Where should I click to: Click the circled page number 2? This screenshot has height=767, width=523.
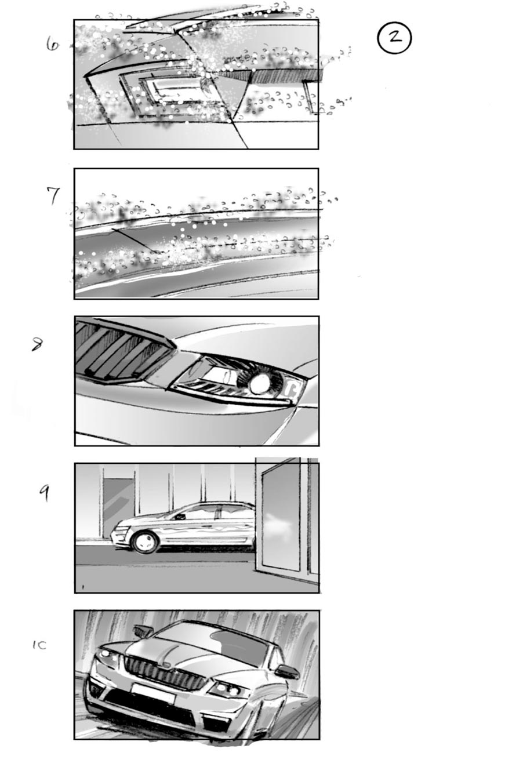tap(394, 38)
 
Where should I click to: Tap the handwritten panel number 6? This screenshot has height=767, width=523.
tap(53, 44)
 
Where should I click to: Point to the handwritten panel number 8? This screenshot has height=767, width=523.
tap(37, 344)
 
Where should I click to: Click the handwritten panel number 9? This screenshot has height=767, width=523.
tap(44, 493)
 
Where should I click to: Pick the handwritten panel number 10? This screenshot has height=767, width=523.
tap(39, 645)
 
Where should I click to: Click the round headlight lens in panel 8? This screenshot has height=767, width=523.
tap(260, 381)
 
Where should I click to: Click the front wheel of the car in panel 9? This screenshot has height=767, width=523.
tap(144, 541)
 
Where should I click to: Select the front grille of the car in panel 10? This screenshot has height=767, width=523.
tap(165, 672)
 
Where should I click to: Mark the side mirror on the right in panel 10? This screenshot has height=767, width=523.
tap(287, 671)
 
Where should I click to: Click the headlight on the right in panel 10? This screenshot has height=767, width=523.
tap(228, 689)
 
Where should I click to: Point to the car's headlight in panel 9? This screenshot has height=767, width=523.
tap(119, 528)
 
